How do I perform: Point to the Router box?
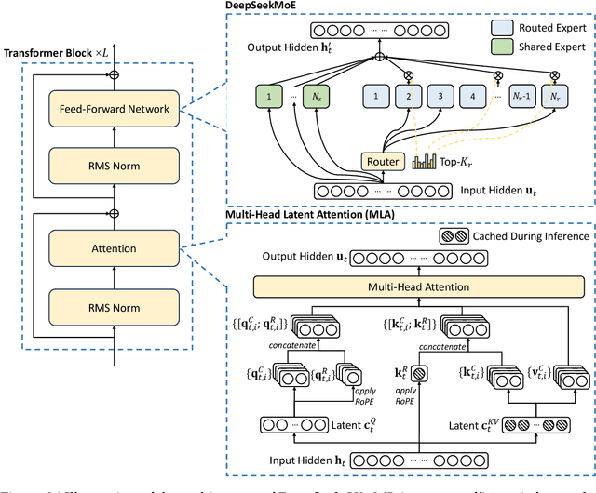pyautogui.click(x=383, y=162)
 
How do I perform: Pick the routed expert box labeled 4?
pyautogui.click(x=473, y=96)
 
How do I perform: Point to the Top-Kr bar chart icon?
pyautogui.click(x=424, y=162)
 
